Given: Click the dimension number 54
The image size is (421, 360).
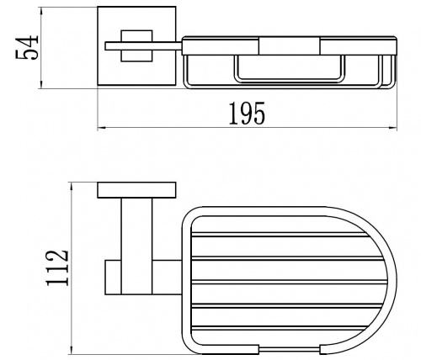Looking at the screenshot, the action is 26,47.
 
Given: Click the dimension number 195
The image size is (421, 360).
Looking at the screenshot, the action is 247,114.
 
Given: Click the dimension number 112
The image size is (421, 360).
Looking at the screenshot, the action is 57,268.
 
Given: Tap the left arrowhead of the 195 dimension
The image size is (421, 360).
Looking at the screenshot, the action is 101,128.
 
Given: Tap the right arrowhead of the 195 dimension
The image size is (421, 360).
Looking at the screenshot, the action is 393,128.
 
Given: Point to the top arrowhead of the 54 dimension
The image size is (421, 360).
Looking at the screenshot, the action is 41,10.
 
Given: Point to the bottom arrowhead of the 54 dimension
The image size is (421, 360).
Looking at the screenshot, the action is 41,85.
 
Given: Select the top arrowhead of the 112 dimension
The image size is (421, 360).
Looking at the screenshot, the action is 72,186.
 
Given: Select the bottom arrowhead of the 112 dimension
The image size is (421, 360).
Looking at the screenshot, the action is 72,351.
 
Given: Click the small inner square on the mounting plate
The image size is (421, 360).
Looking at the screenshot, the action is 136,45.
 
